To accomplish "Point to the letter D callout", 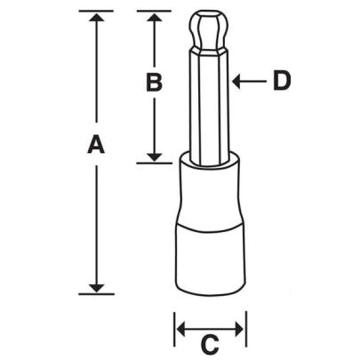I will (x=281, y=82).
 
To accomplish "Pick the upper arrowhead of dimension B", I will (x=154, y=18).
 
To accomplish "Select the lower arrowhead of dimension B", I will (x=154, y=156).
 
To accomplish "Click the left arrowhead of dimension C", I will (x=180, y=329).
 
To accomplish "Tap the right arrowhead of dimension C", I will (x=240, y=329).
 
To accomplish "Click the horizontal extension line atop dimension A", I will (x=97, y=12).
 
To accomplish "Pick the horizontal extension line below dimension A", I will (x=97, y=292).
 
